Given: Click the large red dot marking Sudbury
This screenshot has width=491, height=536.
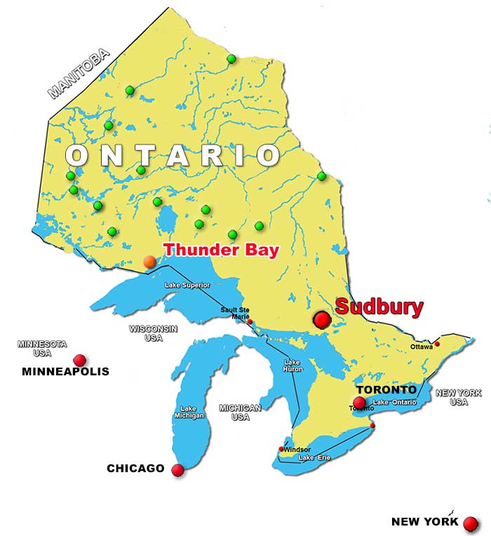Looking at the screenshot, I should click(322, 320).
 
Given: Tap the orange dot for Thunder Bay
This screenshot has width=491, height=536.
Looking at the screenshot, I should click(149, 262).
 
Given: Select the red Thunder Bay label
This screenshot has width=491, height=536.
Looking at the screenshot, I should click(221, 250).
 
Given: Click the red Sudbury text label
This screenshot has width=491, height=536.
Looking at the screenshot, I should click(379, 307).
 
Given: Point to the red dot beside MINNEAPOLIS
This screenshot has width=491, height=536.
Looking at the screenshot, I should click(80, 360).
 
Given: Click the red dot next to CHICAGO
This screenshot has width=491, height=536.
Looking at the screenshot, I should click(178, 470).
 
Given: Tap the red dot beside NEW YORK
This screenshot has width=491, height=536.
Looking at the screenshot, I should click(471, 523).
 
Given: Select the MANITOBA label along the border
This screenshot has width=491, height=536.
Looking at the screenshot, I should click(79, 73).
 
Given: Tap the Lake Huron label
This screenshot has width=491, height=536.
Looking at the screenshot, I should click(292, 366).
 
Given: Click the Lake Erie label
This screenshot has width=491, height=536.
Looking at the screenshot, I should click(314, 458).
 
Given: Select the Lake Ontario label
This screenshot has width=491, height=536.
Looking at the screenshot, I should click(395, 402).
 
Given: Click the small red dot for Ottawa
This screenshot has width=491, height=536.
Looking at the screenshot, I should click(437, 344).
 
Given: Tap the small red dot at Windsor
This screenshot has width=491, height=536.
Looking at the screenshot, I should click(281, 449).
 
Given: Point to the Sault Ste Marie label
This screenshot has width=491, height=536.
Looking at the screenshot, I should click(235, 313).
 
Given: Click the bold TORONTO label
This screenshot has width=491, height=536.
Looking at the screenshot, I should click(386, 389).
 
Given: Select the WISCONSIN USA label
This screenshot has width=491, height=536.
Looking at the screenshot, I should click(153, 333).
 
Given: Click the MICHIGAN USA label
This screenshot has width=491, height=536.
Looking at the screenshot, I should click(240, 413).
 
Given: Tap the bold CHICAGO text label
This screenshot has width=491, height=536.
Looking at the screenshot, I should click(135, 468).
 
